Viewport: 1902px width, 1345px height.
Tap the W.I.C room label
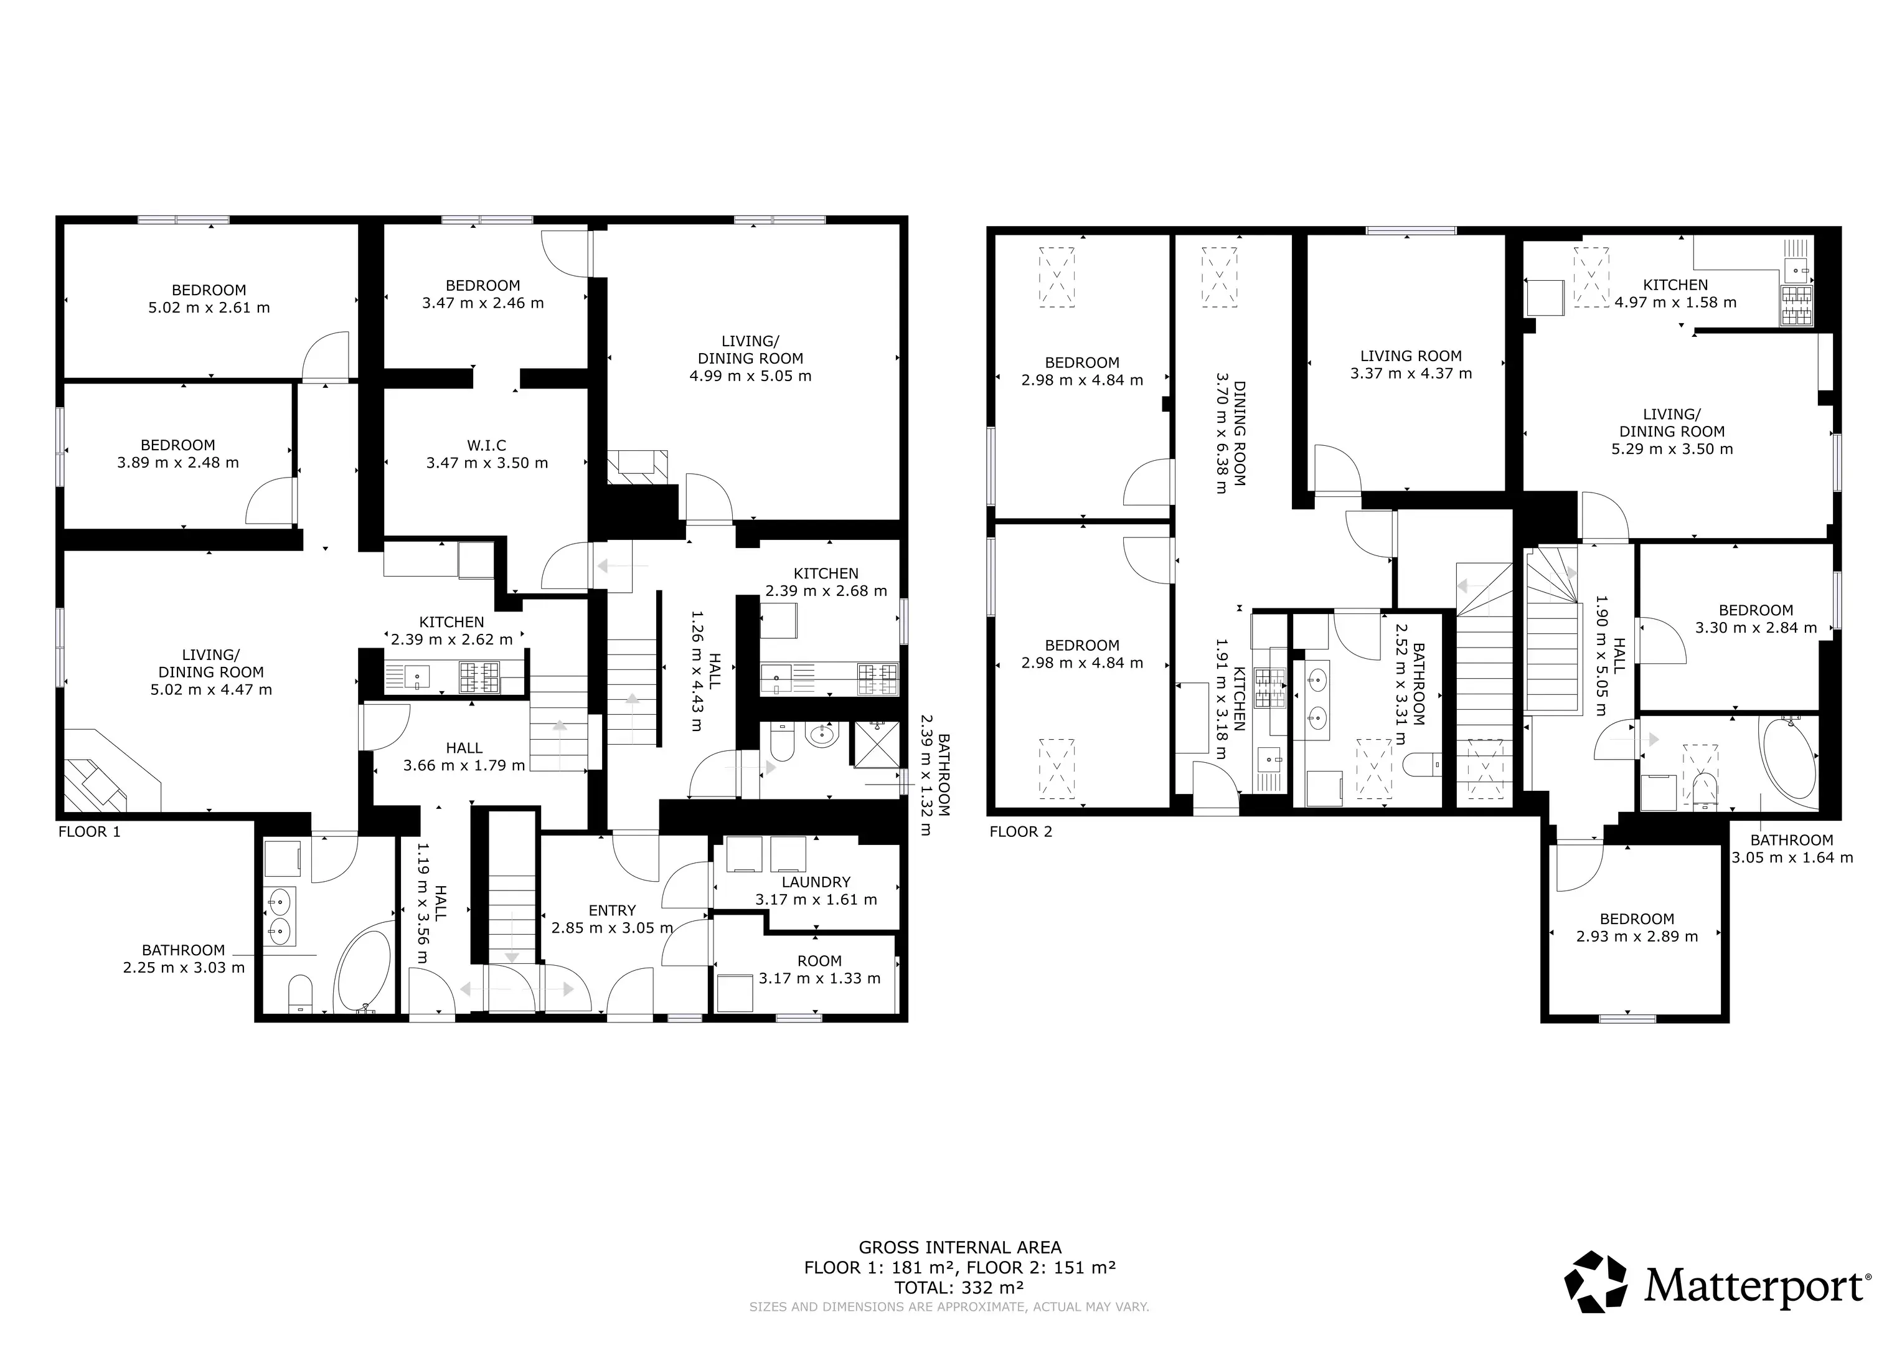[x=486, y=446]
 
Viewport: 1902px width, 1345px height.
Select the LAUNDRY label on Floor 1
[x=816, y=882]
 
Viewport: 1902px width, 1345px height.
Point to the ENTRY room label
[x=612, y=910]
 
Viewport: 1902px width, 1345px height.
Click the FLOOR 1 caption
[x=90, y=831]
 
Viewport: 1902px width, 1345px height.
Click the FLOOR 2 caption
[x=1020, y=831]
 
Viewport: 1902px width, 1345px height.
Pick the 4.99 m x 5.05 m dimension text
[x=751, y=376]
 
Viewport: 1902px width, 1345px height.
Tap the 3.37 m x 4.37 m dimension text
[x=1411, y=374]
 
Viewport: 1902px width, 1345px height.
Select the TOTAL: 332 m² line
[x=959, y=1288]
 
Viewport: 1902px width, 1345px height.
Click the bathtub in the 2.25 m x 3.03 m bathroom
[x=364, y=967]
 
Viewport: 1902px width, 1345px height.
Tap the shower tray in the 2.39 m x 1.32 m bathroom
[x=877, y=744]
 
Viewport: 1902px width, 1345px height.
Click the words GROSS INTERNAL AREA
[x=959, y=1247]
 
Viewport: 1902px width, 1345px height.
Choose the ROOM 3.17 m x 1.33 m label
[x=819, y=970]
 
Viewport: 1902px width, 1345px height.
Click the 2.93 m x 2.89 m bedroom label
[x=1637, y=927]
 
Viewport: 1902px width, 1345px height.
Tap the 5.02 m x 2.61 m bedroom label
[x=209, y=298]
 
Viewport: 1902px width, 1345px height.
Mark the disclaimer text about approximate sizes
[x=949, y=1307]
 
